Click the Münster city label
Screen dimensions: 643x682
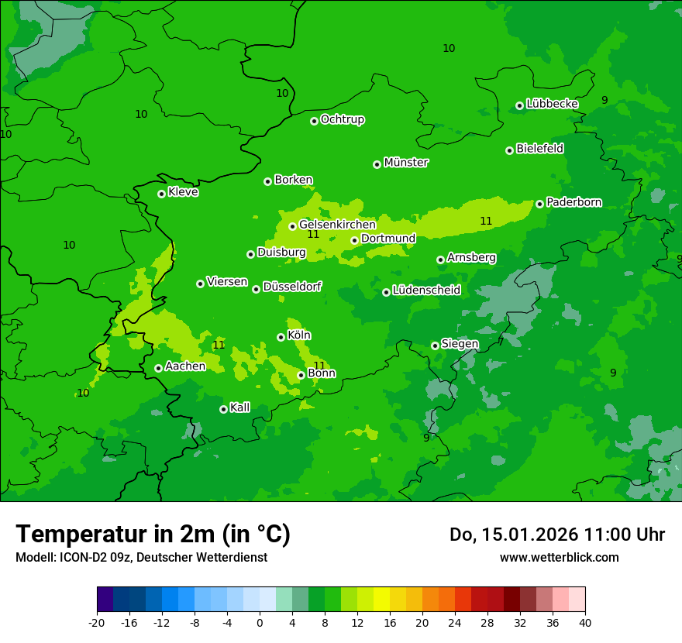pyautogui.click(x=406, y=163)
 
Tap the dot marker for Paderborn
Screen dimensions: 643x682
pyautogui.click(x=540, y=204)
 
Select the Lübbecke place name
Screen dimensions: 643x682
pyautogui.click(x=552, y=104)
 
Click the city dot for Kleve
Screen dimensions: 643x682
pyautogui.click(x=161, y=194)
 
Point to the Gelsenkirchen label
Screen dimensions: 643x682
pyautogui.click(x=337, y=225)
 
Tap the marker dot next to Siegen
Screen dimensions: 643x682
pyautogui.click(x=435, y=346)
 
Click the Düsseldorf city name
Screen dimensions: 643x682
pyautogui.click(x=292, y=287)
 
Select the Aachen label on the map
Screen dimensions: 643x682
pyautogui.click(x=185, y=366)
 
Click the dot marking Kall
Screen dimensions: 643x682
pyautogui.click(x=223, y=409)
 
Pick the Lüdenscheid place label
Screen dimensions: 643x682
pyautogui.click(x=426, y=291)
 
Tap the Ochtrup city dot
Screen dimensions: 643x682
pyautogui.click(x=314, y=121)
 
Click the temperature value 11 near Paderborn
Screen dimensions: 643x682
pyautogui.click(x=486, y=221)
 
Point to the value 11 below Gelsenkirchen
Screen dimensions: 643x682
pyautogui.click(x=313, y=234)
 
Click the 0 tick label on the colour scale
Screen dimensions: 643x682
pyautogui.click(x=260, y=622)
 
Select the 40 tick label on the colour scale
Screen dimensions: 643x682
pyautogui.click(x=584, y=622)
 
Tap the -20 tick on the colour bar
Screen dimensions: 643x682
pyautogui.click(x=97, y=622)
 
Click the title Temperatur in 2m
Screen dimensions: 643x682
pyautogui.click(x=153, y=534)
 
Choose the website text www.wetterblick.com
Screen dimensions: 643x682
pyautogui.click(x=559, y=557)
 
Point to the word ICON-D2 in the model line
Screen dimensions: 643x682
pyautogui.click(x=77, y=557)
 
